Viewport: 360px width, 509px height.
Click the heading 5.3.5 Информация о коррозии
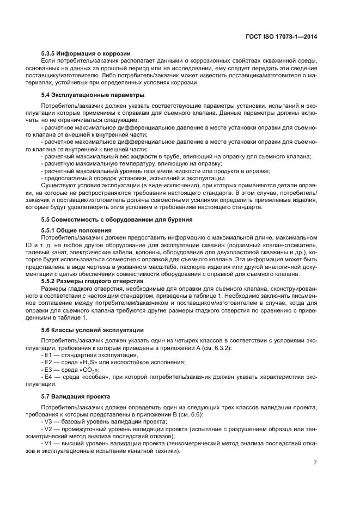tap(86, 53)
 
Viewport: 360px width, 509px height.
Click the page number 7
tap(315, 462)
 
